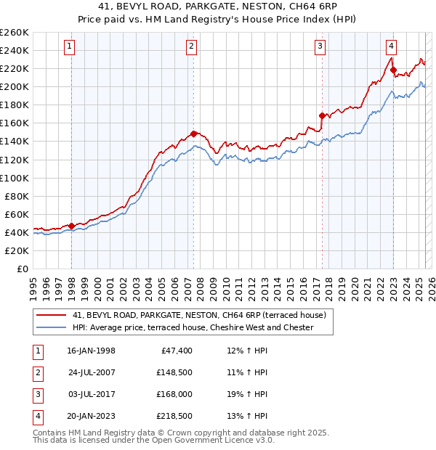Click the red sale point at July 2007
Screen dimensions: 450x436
point(194,134)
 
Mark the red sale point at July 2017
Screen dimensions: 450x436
point(322,115)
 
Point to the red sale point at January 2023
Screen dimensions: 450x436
point(393,70)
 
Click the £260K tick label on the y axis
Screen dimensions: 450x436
point(14,33)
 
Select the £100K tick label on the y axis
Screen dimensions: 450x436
point(14,178)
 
